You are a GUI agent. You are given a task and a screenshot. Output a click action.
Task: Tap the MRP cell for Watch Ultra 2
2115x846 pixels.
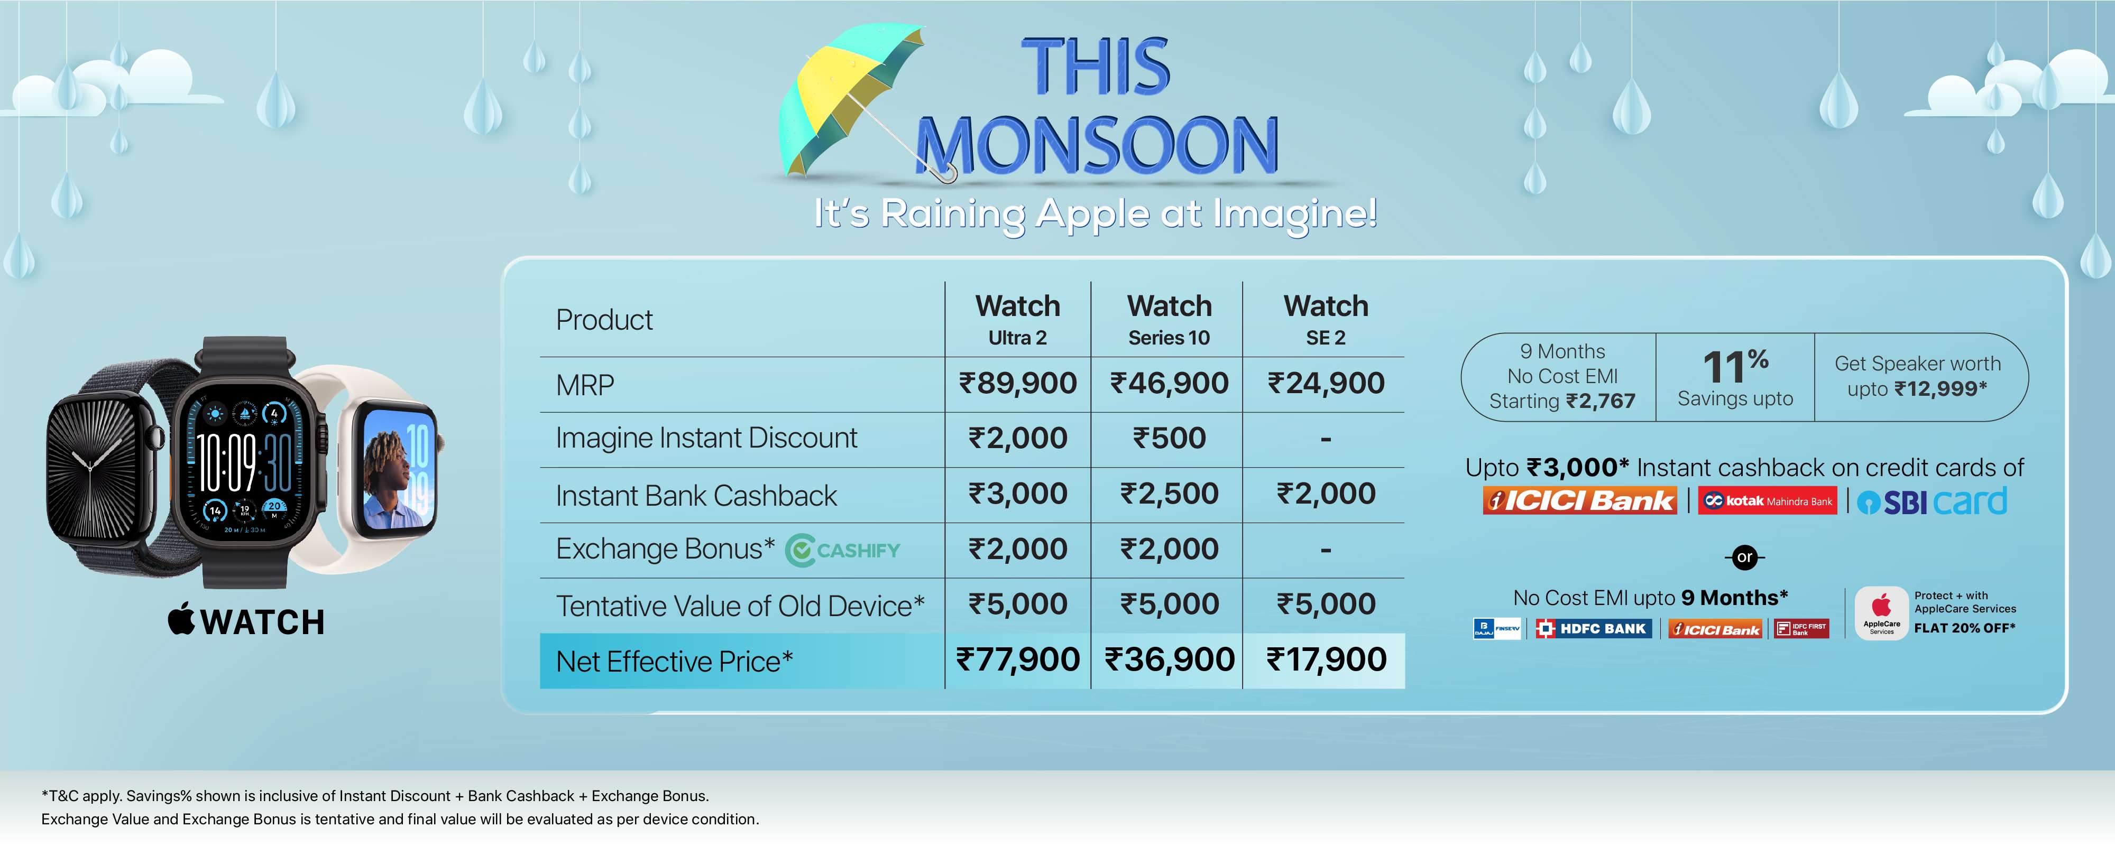pyautogui.click(x=1017, y=383)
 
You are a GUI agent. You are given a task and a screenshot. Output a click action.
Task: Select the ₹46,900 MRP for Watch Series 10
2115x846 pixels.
pyautogui.click(x=1169, y=383)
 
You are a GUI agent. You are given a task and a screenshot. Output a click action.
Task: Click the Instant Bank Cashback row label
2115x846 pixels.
pyautogui.click(x=696, y=496)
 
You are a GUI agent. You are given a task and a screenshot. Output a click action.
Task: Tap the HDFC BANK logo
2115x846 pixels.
pyautogui.click(x=1593, y=628)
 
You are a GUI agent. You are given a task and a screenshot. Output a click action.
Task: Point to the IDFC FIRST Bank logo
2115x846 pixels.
pyautogui.click(x=1801, y=628)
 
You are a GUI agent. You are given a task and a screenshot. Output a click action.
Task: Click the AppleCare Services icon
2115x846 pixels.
pyautogui.click(x=1881, y=613)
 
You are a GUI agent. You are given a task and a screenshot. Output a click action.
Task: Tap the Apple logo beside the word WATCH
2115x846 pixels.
pyautogui.click(x=181, y=619)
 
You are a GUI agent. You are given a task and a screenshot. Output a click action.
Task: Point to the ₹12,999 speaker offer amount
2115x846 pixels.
pyautogui.click(x=1941, y=388)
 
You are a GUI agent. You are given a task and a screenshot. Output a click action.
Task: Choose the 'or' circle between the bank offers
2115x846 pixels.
pyautogui.click(x=1745, y=557)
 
